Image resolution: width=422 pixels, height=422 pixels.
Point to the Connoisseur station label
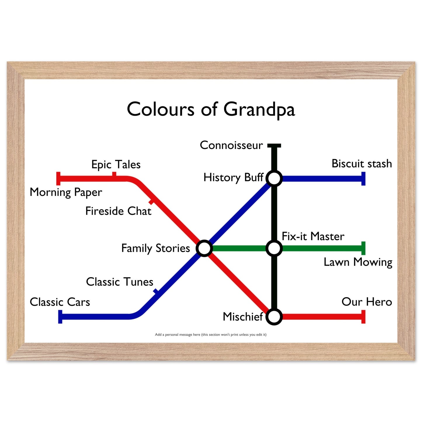coord(231,145)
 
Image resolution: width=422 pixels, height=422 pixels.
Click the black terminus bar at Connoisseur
coord(274,146)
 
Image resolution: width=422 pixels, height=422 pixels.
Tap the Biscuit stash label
coord(362,164)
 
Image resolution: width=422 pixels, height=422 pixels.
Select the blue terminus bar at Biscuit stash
coord(363,179)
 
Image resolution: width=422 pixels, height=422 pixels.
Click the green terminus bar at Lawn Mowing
coord(363,248)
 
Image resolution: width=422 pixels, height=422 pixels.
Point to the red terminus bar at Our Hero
coord(363,317)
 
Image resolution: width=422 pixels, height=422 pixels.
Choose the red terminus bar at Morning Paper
coord(58,179)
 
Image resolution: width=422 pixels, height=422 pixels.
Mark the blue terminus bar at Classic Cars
coord(60,317)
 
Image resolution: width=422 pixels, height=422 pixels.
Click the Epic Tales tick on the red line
coord(114,175)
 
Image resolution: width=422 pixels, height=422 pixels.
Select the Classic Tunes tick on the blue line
coord(156,292)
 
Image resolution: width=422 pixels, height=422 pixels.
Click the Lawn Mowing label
coord(358,262)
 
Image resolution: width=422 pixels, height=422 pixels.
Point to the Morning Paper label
coord(66,192)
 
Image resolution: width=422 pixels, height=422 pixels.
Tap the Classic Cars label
coord(60,302)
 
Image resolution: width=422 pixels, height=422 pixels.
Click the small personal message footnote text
coord(211,335)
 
